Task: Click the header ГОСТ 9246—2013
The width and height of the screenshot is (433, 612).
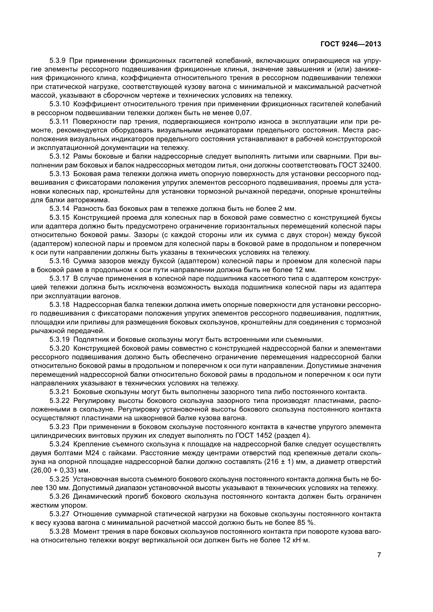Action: coord(351,44)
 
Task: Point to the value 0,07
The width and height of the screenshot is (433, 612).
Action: coord(243,113)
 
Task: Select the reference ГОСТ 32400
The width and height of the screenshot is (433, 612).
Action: coord(360,165)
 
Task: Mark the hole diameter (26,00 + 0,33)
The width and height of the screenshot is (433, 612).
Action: coord(57,470)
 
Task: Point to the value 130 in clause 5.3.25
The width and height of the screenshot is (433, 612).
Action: coord(49,488)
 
